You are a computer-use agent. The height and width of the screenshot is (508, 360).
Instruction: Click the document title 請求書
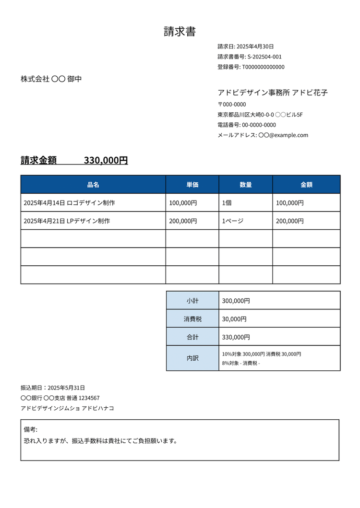pyautogui.click(x=180, y=32)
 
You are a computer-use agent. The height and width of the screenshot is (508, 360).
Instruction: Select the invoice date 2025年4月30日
pyautogui.click(x=255, y=47)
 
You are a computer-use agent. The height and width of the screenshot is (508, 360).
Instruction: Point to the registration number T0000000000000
pyautogui.click(x=263, y=67)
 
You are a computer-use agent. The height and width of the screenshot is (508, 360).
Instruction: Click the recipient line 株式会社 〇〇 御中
pyautogui.click(x=51, y=79)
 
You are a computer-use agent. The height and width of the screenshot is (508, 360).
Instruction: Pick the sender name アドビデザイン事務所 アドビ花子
pyautogui.click(x=273, y=93)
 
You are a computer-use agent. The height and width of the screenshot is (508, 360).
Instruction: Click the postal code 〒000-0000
pyautogui.click(x=232, y=105)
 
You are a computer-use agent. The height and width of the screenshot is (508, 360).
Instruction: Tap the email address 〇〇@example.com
pyautogui.click(x=283, y=135)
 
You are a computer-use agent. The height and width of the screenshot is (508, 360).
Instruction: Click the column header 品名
pyautogui.click(x=93, y=185)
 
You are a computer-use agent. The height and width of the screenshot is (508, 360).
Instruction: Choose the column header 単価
pyautogui.click(x=192, y=185)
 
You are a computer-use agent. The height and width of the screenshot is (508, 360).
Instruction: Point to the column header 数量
pyautogui.click(x=246, y=185)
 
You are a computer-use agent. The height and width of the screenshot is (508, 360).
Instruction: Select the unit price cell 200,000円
pyautogui.click(x=183, y=221)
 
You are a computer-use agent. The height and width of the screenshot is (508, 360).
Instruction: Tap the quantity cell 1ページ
pyautogui.click(x=233, y=221)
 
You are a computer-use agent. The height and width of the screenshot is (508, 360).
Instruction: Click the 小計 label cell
pyautogui.click(x=192, y=301)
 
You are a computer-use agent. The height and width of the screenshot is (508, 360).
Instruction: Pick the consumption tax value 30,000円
pyautogui.click(x=234, y=319)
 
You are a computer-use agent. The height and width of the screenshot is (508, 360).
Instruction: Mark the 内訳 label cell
pyautogui.click(x=192, y=358)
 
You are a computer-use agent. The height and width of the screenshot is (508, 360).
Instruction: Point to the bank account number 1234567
pyautogui.click(x=89, y=398)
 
